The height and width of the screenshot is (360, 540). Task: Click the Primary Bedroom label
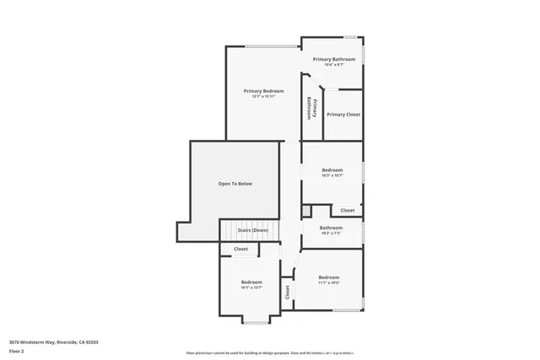(x=263, y=90)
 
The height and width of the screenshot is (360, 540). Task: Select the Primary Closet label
(x=343, y=115)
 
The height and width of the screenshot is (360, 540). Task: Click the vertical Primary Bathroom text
(x=310, y=108)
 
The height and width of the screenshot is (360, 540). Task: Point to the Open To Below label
(x=235, y=184)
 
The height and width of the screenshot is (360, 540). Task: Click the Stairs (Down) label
(x=252, y=230)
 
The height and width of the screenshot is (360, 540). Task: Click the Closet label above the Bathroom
(x=348, y=211)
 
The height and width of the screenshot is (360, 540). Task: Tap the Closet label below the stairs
(x=240, y=250)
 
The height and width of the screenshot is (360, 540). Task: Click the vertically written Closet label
(x=287, y=293)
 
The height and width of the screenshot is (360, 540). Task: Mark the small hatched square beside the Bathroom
(x=306, y=211)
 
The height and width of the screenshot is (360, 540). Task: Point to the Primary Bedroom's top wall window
(x=271, y=46)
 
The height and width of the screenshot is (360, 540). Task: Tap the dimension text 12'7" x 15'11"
(x=263, y=96)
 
